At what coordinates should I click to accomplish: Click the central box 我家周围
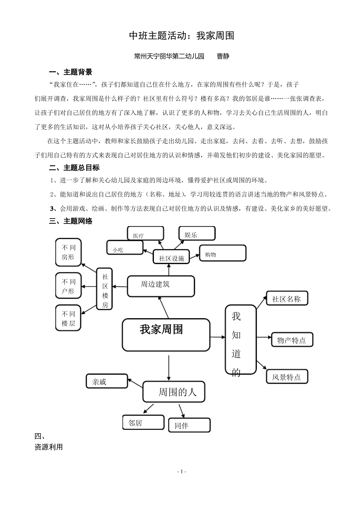[166, 334]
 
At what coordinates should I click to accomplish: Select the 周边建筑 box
[161, 286]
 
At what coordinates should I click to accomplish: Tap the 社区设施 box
[171, 258]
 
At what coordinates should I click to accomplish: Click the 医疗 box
[146, 234]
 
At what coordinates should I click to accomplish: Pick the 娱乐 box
[197, 234]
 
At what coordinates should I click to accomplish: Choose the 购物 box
[223, 253]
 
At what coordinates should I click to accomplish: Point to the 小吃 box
[125, 248]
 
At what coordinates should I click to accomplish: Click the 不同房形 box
[68, 252]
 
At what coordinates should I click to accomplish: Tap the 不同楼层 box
[68, 318]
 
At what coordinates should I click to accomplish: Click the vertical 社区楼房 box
[105, 289]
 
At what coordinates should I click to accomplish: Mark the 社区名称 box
[287, 298]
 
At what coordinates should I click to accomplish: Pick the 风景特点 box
[287, 376]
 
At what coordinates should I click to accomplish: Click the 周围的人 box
[174, 392]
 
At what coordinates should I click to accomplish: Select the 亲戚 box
[107, 381]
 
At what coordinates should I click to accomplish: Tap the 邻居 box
[143, 422]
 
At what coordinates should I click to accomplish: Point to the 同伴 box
[189, 425]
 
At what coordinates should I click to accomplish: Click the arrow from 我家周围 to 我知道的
[218, 337]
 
